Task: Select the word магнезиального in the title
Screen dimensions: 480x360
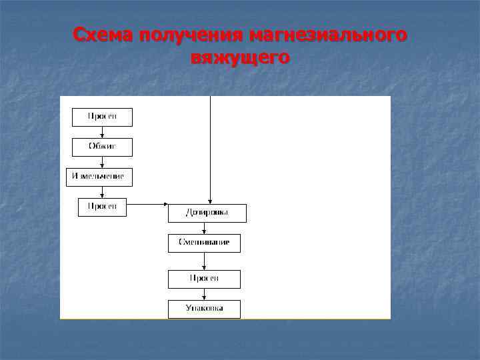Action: pyautogui.click(x=328, y=35)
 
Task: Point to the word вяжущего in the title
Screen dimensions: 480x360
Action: pyautogui.click(x=240, y=58)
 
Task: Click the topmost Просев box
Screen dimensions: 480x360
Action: pyautogui.click(x=102, y=117)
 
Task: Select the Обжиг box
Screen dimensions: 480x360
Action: pyautogui.click(x=102, y=147)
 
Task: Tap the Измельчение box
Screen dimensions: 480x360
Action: pyautogui.click(x=99, y=177)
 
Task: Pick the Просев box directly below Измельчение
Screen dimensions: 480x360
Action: pyautogui.click(x=102, y=207)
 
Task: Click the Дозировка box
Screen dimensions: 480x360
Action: pyautogui.click(x=207, y=213)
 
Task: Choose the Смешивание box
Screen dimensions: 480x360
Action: pyautogui.click(x=204, y=243)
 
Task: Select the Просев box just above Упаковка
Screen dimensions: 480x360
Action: pyautogui.click(x=204, y=279)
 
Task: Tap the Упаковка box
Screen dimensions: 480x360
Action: pyautogui.click(x=204, y=309)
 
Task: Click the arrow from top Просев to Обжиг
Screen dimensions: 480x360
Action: pyautogui.click(x=102, y=132)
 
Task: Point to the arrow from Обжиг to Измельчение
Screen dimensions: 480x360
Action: pyautogui.click(x=102, y=162)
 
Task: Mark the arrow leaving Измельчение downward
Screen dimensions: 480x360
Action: pyautogui.click(x=102, y=192)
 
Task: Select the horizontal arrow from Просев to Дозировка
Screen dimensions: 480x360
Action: pyautogui.click(x=147, y=204)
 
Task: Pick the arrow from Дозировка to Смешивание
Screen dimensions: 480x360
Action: pyautogui.click(x=204, y=229)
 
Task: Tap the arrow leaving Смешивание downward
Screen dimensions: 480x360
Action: pyautogui.click(x=204, y=261)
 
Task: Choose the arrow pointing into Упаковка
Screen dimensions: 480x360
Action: pyautogui.click(x=204, y=294)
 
